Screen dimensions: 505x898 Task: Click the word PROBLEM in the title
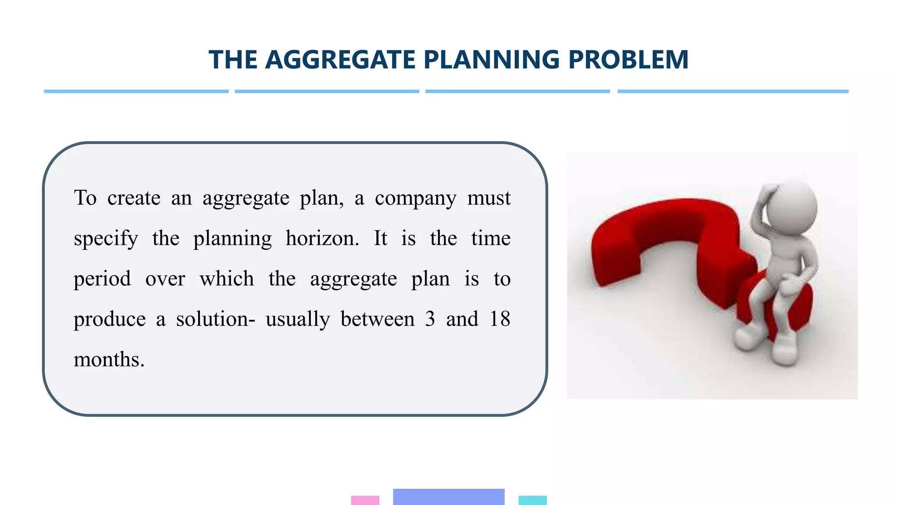tap(628, 60)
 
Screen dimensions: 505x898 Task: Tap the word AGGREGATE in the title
tap(340, 60)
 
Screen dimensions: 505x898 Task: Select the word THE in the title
tap(233, 60)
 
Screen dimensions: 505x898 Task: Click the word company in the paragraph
tap(415, 198)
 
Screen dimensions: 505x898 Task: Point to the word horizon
tap(322, 238)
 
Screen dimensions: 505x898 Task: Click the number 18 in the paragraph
tap(500, 319)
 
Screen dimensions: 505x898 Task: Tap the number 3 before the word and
tap(430, 319)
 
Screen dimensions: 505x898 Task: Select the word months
tap(109, 359)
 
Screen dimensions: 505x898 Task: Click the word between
tap(378, 319)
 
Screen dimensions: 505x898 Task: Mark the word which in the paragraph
tap(227, 279)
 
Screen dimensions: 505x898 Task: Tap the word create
tap(134, 198)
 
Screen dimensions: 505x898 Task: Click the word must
tap(489, 198)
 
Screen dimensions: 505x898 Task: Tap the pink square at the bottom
tap(365, 500)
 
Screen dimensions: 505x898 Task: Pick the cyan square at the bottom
tap(532, 500)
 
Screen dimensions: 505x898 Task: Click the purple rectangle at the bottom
tap(449, 497)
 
